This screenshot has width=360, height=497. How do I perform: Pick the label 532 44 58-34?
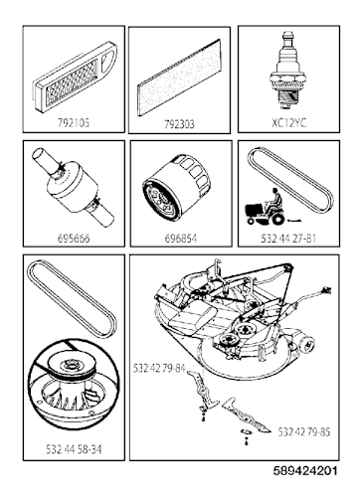tap(69, 449)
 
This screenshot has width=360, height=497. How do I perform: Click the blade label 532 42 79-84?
tap(159, 369)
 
